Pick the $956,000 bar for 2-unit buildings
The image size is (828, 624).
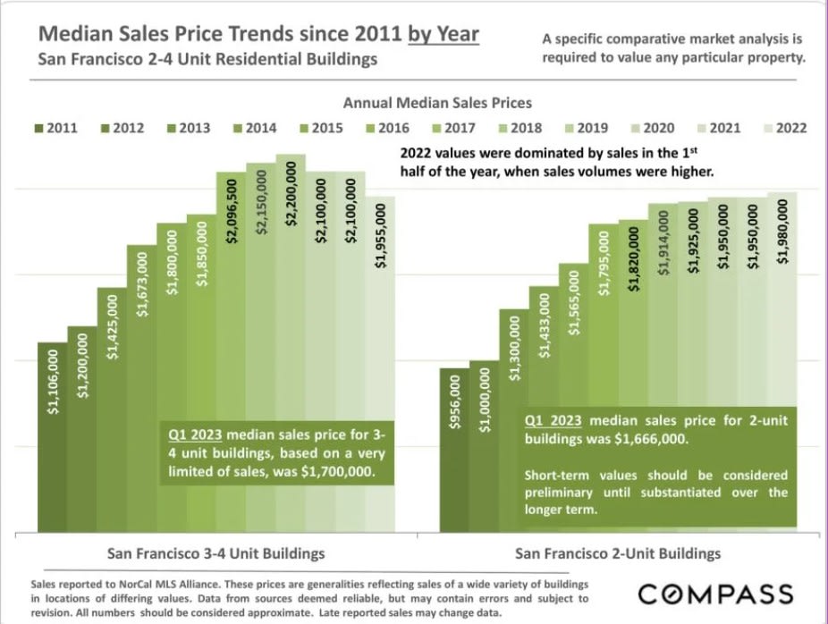click(454, 447)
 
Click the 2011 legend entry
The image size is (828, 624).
click(55, 128)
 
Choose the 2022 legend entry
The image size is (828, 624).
click(783, 128)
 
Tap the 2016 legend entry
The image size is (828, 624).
click(386, 128)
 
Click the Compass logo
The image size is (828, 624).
click(715, 594)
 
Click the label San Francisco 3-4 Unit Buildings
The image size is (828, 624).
click(215, 552)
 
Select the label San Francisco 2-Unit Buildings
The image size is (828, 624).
click(620, 552)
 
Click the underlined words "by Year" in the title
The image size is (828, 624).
click(444, 34)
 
